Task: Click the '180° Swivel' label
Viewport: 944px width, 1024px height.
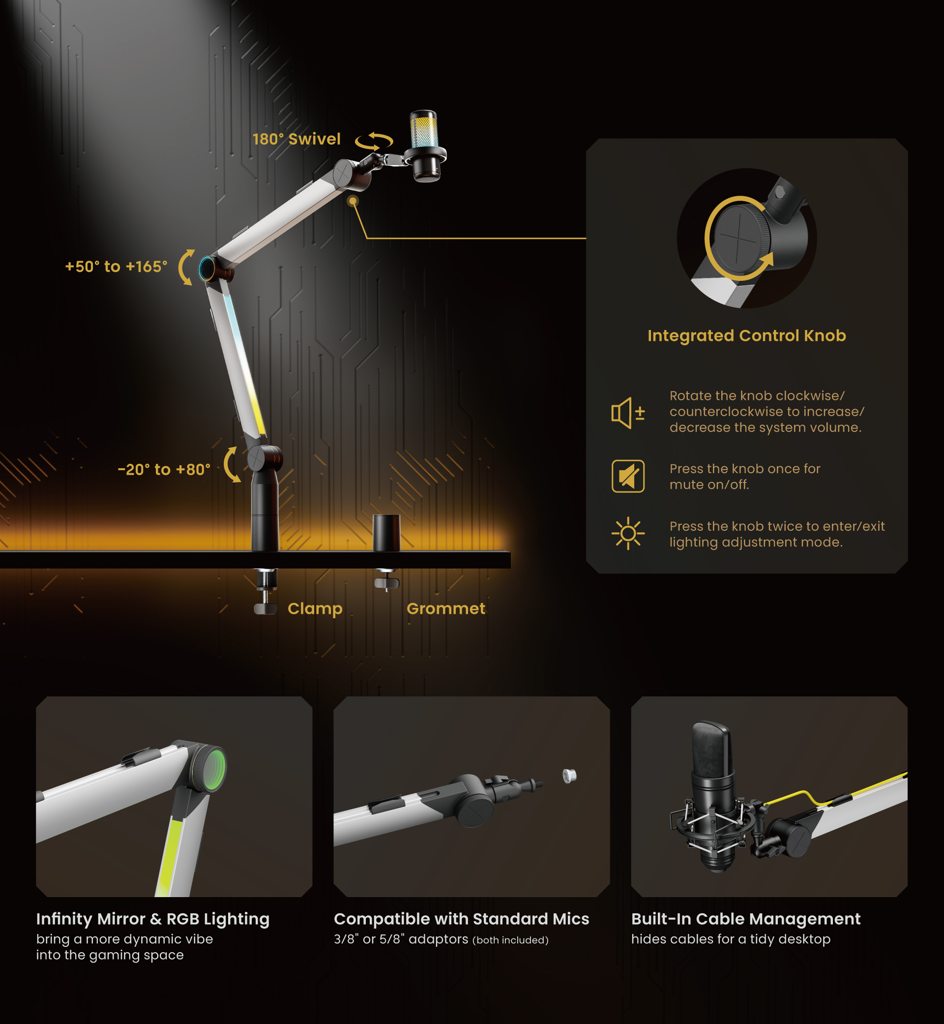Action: [x=296, y=139]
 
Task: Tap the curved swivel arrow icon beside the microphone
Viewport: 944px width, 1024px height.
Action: [x=375, y=142]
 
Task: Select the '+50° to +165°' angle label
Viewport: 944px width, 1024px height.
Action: [x=117, y=266]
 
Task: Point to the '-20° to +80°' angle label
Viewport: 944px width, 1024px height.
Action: [x=164, y=469]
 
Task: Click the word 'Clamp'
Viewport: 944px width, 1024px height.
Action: [x=315, y=609]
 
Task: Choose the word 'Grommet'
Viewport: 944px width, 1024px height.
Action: [x=446, y=608]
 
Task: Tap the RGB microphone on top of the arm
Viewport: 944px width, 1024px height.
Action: [x=425, y=146]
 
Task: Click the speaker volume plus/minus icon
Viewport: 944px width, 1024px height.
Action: [x=628, y=412]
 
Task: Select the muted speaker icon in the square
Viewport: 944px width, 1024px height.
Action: [x=628, y=476]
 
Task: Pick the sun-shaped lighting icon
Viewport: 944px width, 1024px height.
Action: [x=628, y=534]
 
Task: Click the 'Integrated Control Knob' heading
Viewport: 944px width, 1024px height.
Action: [x=747, y=335]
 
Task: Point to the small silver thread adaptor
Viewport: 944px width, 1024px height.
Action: [x=569, y=776]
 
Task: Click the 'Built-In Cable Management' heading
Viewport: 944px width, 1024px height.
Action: [x=746, y=919]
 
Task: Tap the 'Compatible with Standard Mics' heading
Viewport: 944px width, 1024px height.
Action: [x=461, y=919]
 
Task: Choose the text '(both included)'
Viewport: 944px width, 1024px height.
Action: [x=510, y=940]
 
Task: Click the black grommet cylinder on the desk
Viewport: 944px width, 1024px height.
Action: [x=386, y=533]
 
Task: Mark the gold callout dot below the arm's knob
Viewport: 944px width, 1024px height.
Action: [x=353, y=201]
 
